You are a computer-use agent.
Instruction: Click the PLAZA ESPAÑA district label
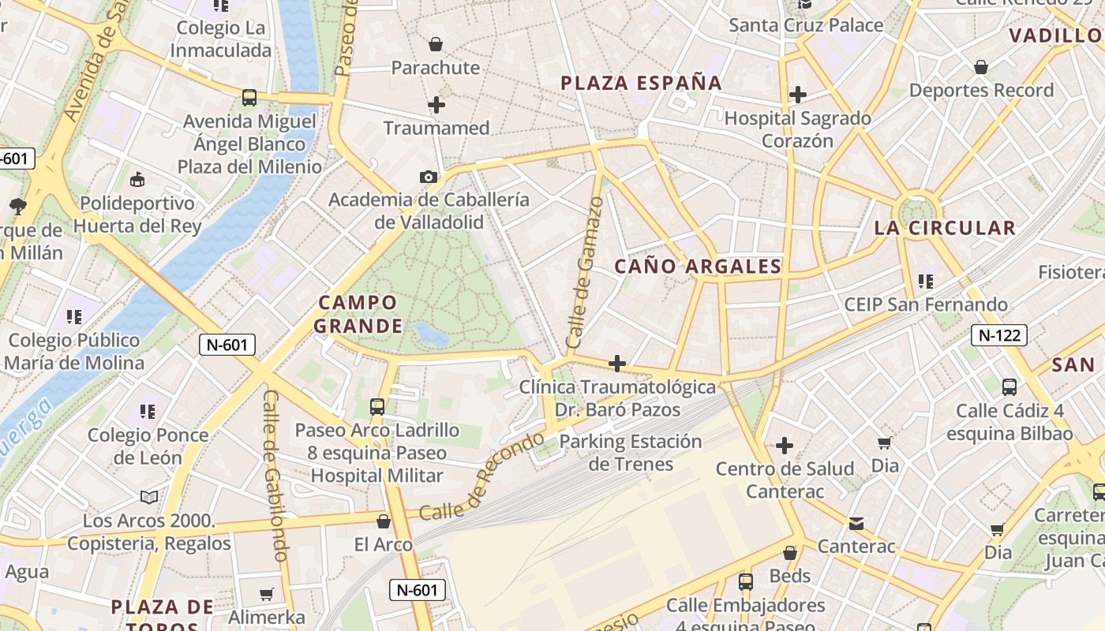(641, 83)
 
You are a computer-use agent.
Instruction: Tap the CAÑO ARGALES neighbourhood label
(698, 267)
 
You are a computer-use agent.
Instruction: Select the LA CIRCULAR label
(944, 229)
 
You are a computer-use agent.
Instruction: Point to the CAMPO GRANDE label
(358, 314)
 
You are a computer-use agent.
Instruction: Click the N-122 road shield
(998, 335)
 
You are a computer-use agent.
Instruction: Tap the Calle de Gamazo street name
(586, 272)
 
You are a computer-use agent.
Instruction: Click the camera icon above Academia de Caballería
(429, 177)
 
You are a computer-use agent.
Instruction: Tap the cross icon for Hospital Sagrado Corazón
(798, 95)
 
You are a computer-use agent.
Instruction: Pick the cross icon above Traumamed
(436, 104)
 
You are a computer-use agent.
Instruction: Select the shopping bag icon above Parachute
(435, 44)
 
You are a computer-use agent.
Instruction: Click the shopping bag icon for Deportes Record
(980, 67)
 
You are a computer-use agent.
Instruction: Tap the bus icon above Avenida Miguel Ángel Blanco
(249, 98)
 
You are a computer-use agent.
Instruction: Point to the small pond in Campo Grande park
(431, 334)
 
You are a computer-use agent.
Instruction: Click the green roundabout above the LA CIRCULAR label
(916, 211)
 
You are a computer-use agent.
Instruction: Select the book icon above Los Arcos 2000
(149, 497)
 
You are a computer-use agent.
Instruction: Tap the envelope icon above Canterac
(856, 523)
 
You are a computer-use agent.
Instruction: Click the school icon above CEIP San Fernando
(926, 281)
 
